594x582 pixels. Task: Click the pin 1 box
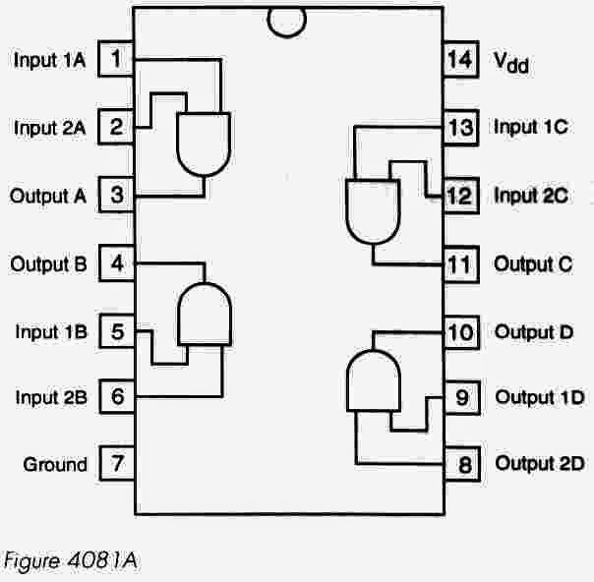tap(117, 60)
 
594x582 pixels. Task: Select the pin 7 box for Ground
tap(117, 463)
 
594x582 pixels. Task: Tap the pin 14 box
tap(459, 60)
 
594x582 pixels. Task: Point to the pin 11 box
tap(459, 263)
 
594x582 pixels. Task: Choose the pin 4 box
tap(117, 263)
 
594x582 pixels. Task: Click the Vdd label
tap(511, 62)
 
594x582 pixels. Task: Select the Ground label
tap(56, 464)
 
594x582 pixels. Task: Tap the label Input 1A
tap(50, 60)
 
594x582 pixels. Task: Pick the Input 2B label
tap(51, 397)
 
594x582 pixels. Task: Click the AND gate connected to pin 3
tap(204, 144)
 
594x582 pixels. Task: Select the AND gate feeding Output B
tap(204, 314)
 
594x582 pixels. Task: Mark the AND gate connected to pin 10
tap(374, 380)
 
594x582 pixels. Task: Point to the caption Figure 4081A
tap(74, 561)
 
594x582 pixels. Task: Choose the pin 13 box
tap(459, 127)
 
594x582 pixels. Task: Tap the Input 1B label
tap(51, 331)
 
